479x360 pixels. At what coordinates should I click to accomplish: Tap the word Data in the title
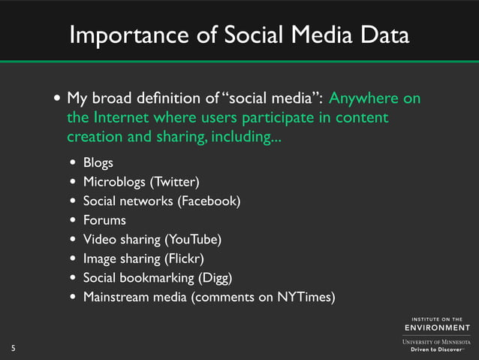click(382, 35)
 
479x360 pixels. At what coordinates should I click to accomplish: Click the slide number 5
click(13, 347)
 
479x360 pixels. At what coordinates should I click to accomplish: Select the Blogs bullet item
click(98, 162)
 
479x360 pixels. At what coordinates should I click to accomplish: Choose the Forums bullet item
click(104, 220)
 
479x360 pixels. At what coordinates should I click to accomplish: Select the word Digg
click(215, 278)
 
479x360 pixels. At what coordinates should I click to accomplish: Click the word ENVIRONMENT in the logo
click(438, 328)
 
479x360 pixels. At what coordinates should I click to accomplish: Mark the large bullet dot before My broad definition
click(58, 100)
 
